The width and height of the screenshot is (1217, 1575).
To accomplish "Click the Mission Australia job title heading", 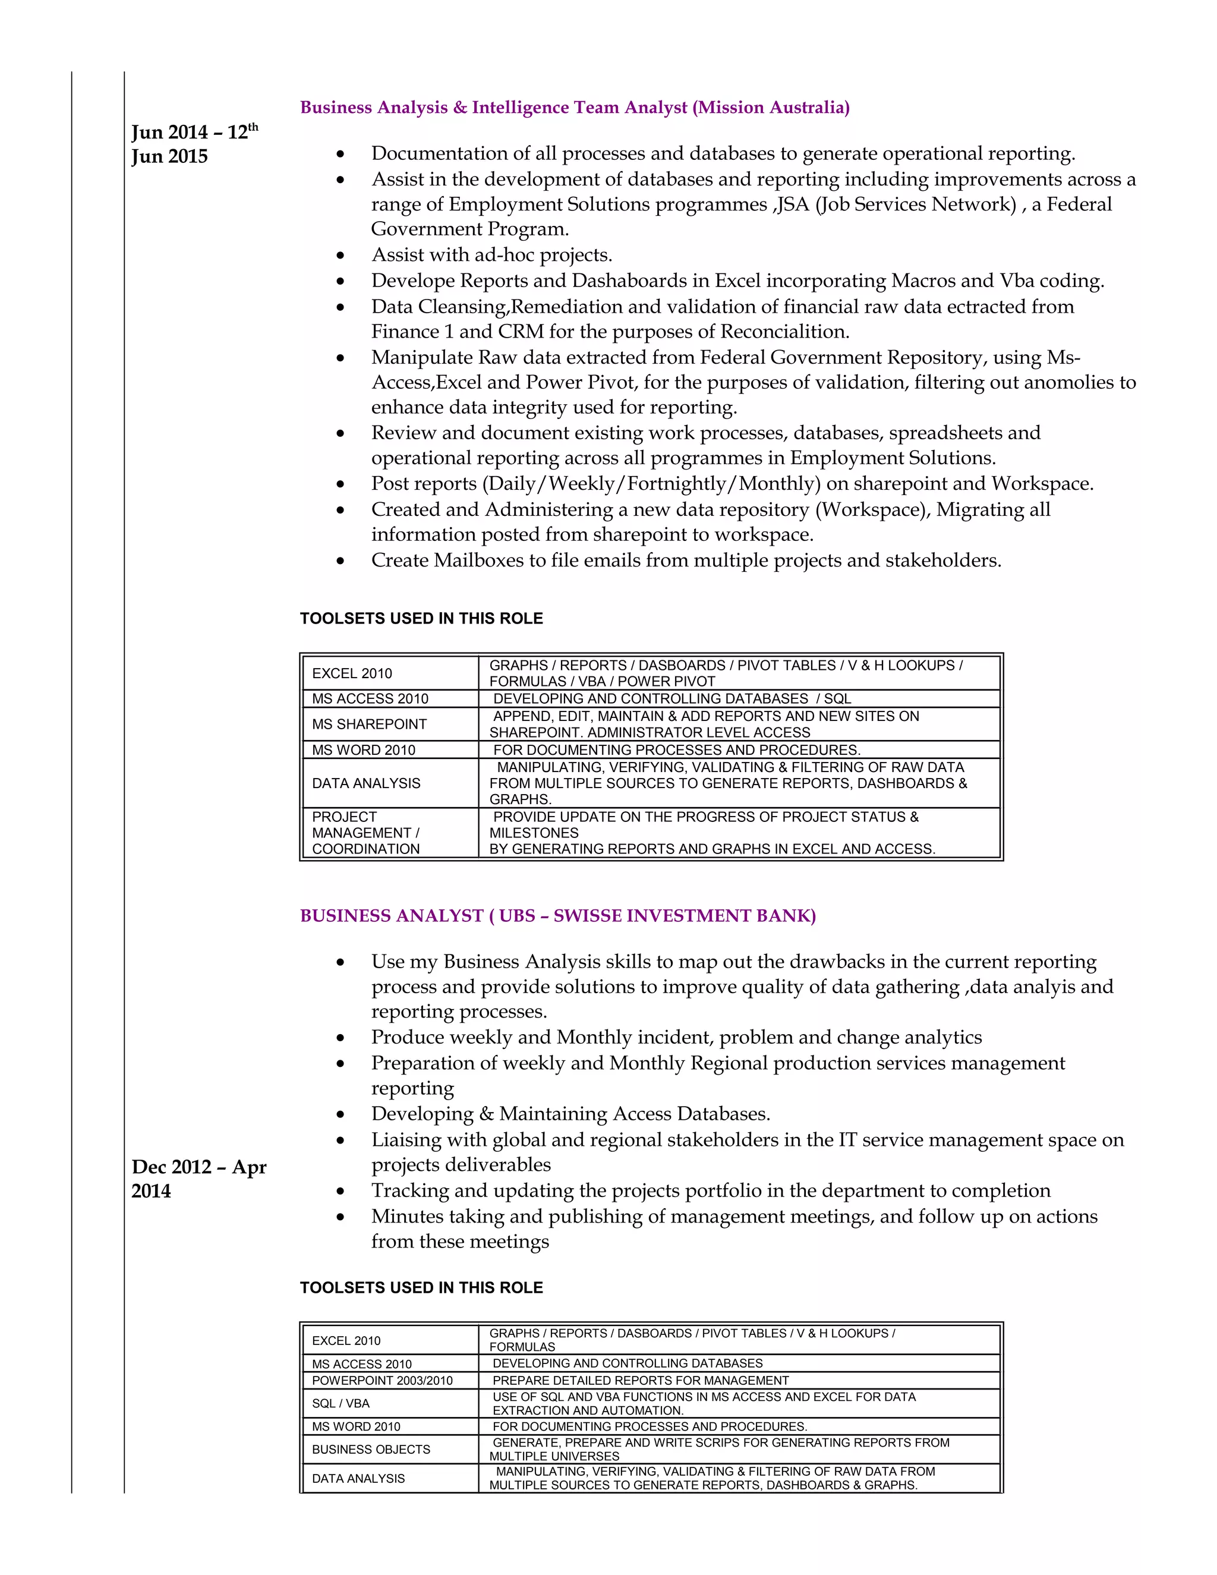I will [575, 108].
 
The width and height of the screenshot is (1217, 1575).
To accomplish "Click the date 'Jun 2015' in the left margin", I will [169, 156].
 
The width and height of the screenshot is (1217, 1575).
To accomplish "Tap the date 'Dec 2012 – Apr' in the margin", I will [199, 1167].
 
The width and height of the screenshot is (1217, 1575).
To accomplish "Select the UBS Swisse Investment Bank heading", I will [558, 916].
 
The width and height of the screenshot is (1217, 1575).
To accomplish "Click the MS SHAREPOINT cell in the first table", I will [369, 724].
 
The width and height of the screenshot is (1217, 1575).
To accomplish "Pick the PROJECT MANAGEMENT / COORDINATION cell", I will [365, 833].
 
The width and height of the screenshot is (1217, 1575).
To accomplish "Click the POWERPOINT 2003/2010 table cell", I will [382, 1380].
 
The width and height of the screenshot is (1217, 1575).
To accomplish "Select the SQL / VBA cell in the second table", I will [340, 1403].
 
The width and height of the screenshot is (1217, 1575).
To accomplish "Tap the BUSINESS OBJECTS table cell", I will [371, 1449].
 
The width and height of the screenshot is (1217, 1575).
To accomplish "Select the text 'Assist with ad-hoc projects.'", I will [491, 256].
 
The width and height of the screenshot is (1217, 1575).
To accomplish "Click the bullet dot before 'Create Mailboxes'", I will [340, 562].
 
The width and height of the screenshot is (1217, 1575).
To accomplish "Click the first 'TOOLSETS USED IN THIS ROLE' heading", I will [421, 619].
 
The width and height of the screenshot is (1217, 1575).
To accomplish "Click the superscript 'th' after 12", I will [253, 127].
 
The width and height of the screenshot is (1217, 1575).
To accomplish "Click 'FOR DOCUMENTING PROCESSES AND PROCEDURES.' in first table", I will [676, 750].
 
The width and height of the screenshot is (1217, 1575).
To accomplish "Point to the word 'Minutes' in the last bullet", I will [406, 1217].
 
